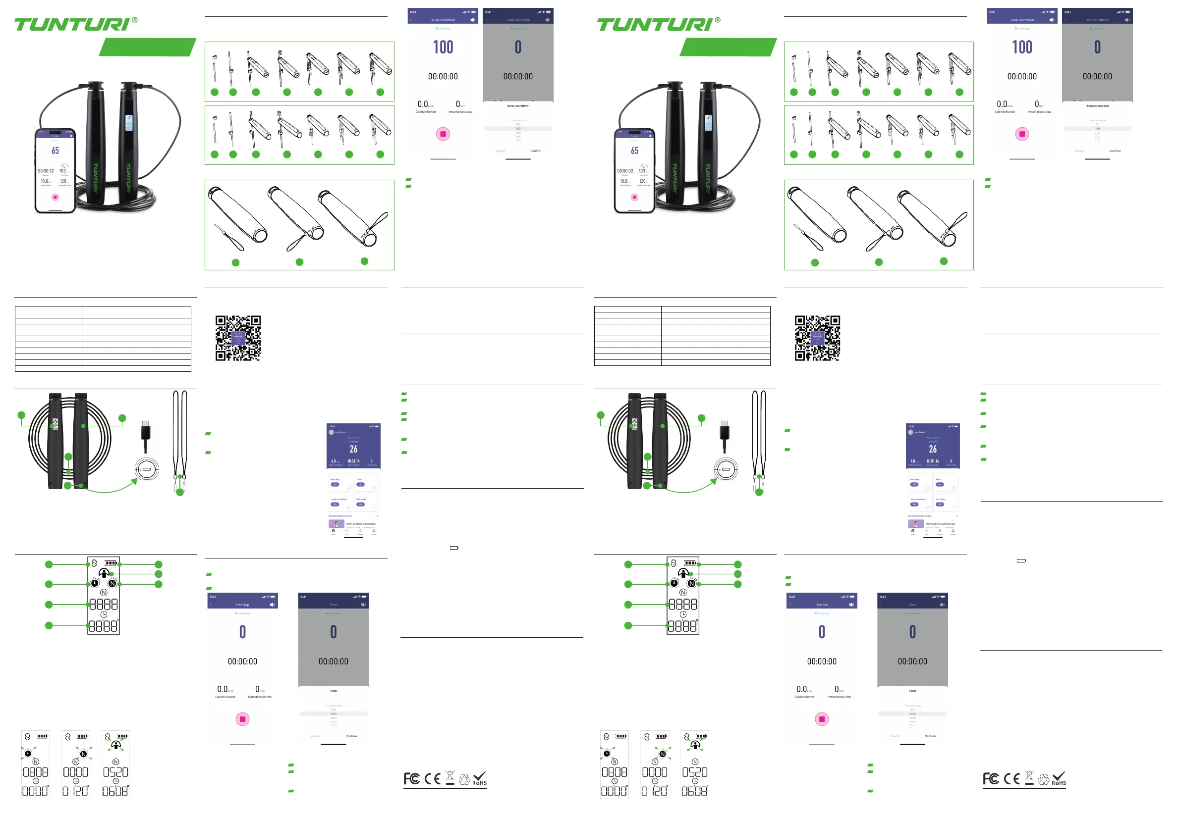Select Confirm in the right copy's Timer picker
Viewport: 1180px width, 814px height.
point(930,736)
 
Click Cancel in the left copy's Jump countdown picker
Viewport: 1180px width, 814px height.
point(500,151)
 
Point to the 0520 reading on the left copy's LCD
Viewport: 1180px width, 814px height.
point(115,772)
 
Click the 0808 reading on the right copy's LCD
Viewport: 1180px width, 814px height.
point(614,772)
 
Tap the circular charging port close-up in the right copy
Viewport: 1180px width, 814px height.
point(726,469)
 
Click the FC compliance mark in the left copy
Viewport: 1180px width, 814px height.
point(411,778)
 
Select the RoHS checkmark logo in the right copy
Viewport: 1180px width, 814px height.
point(1059,778)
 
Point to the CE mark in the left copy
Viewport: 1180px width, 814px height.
point(432,778)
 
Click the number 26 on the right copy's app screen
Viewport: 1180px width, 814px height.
point(933,449)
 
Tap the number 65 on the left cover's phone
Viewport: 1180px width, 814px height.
point(55,151)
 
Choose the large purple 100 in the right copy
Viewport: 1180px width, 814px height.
point(1022,48)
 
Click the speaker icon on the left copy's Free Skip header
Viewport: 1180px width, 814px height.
point(272,605)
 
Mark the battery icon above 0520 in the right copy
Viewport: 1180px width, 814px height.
point(701,736)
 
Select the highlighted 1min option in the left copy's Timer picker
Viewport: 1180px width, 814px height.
point(333,713)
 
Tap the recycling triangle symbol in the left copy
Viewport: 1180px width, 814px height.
point(464,779)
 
